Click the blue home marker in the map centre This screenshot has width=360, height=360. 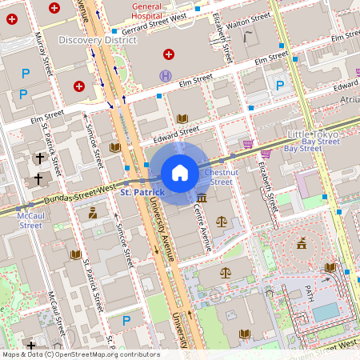(x=180, y=173)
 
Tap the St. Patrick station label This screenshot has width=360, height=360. (x=142, y=193)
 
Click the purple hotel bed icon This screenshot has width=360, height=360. (x=166, y=75)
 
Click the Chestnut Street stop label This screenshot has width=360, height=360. (x=219, y=177)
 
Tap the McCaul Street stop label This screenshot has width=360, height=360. (x=30, y=220)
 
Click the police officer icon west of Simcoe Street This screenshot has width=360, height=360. (x=93, y=213)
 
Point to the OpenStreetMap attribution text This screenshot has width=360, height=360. (x=80, y=354)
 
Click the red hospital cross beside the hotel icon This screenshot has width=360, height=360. (x=168, y=54)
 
